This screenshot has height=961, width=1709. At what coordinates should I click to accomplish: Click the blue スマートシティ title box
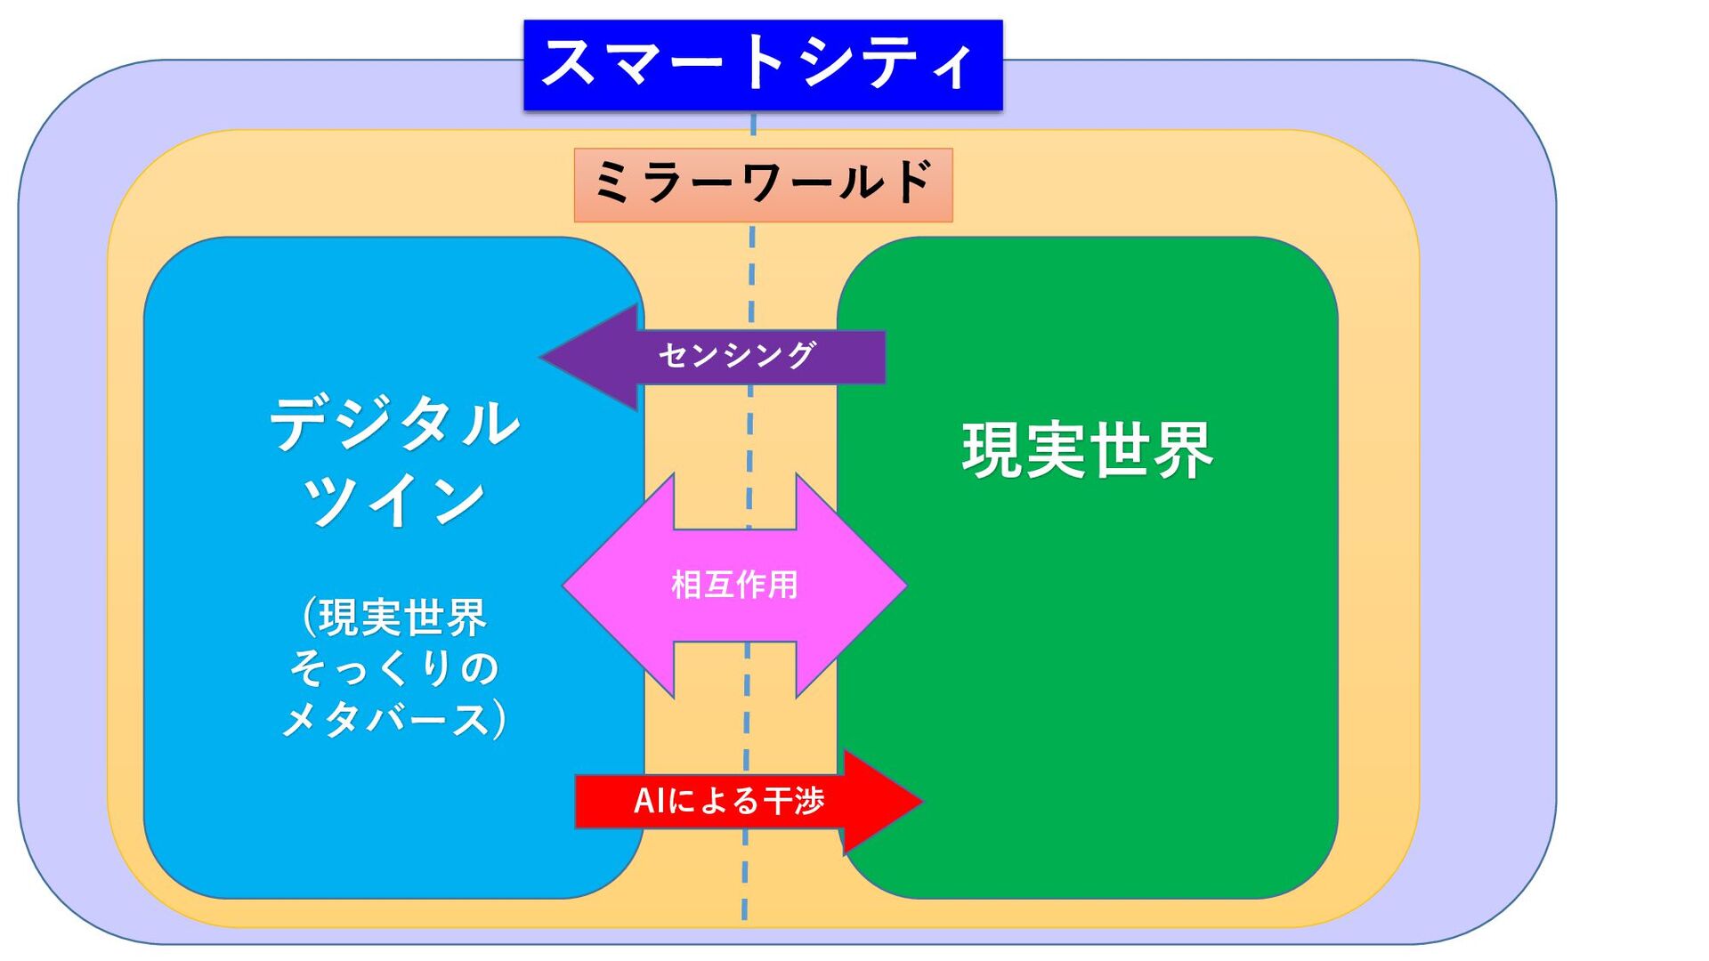(763, 65)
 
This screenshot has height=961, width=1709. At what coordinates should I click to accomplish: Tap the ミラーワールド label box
(763, 184)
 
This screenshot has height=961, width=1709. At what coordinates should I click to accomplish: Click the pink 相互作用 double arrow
(734, 585)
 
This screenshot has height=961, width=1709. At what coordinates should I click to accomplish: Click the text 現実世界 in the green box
(1088, 450)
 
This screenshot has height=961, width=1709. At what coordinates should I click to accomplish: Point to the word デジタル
(394, 424)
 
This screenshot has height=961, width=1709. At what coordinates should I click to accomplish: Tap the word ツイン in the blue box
(394, 500)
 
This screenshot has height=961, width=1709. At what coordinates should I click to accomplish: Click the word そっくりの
(394, 667)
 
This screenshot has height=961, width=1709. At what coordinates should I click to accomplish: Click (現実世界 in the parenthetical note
(394, 618)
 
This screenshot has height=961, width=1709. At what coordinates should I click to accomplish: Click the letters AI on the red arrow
(649, 801)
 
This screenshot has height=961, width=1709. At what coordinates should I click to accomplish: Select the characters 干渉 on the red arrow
(794, 801)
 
